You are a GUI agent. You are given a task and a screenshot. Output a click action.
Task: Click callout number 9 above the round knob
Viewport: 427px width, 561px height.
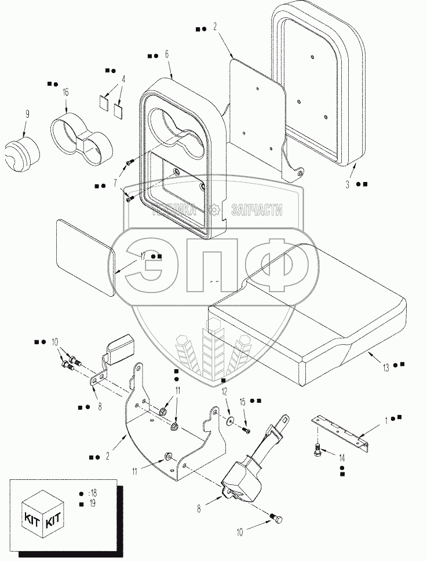pos(27,114)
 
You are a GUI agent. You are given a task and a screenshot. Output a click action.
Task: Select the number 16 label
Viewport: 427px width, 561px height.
pos(66,93)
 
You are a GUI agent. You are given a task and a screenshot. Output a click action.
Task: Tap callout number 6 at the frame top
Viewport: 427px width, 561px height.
pos(167,54)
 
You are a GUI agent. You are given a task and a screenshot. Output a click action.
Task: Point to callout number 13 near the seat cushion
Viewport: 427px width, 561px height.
pos(385,367)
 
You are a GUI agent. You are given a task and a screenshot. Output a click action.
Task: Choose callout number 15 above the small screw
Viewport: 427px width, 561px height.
pos(243,402)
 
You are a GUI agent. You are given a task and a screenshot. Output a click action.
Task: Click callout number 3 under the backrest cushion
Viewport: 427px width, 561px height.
pos(347,185)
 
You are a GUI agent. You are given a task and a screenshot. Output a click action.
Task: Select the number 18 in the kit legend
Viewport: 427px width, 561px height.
pos(93,494)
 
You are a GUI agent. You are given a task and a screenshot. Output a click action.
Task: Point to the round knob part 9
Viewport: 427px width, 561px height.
pos(22,152)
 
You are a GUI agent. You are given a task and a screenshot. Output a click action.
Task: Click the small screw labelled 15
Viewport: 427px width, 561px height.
pos(246,431)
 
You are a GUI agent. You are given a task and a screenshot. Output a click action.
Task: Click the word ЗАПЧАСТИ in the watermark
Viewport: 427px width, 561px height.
pos(257,210)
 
